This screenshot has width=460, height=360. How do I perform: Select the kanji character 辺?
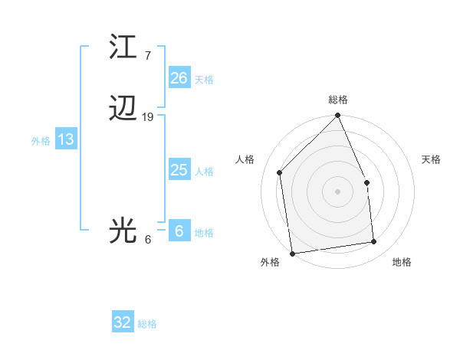[x=123, y=110]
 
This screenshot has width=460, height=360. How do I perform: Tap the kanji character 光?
[x=123, y=231]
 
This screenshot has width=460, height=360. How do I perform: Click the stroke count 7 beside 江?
[x=147, y=56]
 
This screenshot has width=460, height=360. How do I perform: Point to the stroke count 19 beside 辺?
[x=148, y=117]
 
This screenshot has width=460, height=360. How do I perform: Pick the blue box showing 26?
[x=179, y=78]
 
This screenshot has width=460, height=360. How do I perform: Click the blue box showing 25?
[x=179, y=170]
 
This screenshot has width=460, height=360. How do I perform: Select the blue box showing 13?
[x=65, y=139]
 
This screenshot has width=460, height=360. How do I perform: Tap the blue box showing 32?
[x=123, y=322]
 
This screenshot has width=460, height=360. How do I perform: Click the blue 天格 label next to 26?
[x=204, y=80]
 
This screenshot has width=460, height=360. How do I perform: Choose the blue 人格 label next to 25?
[x=204, y=172]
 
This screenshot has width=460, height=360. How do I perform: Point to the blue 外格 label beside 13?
[x=41, y=141]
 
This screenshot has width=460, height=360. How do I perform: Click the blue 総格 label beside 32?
[x=148, y=324]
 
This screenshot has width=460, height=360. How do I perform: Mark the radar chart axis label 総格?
[x=338, y=100]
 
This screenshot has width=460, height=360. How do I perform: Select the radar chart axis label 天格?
[x=432, y=159]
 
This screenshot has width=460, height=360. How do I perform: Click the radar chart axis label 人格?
[x=245, y=159]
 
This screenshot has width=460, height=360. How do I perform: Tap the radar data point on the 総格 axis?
[x=338, y=116]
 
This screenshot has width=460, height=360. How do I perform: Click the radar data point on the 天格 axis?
[x=366, y=182]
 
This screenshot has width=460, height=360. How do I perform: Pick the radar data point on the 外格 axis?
[x=292, y=254]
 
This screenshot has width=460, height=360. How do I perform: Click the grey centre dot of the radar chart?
[x=338, y=191]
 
